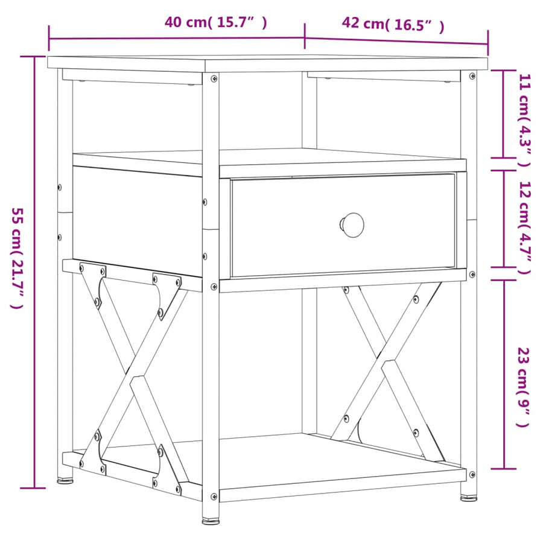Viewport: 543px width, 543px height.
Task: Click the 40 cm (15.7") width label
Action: (215, 22)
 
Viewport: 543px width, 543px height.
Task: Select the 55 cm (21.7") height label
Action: (17, 258)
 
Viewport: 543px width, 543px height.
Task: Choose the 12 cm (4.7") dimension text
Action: (524, 227)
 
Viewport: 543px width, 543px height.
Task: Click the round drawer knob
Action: (352, 225)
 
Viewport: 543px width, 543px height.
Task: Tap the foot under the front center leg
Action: (211, 520)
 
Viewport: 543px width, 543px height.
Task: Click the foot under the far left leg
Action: (65, 480)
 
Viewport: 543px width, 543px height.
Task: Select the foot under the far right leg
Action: (469, 498)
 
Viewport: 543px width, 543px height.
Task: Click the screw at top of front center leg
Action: (214, 79)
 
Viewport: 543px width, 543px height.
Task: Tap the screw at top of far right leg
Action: (472, 76)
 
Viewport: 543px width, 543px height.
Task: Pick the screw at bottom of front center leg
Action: (214, 497)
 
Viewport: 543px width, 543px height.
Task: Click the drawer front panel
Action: (343, 225)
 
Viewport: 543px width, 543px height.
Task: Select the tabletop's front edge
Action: (346, 66)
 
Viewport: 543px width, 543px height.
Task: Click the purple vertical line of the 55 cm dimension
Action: (34, 272)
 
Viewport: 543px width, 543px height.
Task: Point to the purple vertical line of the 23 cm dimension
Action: (504, 374)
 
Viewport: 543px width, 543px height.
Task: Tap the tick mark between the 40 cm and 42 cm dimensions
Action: (305, 36)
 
